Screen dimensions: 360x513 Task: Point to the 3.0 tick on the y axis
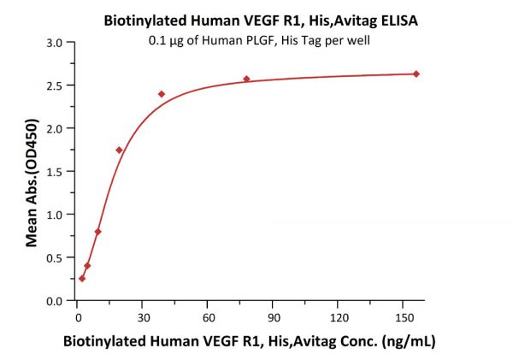[x=55, y=42]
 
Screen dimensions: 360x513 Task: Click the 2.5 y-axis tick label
[x=55, y=86]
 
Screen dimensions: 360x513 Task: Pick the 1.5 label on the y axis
[x=55, y=172]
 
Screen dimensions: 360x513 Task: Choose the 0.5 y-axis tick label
[x=55, y=258]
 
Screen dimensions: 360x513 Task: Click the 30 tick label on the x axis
[x=142, y=315]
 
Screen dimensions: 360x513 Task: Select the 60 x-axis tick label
[x=208, y=315]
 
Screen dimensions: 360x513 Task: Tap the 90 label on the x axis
[x=273, y=315]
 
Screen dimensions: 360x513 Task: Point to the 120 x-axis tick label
[x=338, y=315]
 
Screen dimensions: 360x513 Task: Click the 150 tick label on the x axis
[x=404, y=315]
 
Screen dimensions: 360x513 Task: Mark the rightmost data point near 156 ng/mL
[x=416, y=74]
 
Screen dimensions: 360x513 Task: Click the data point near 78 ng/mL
[x=246, y=79]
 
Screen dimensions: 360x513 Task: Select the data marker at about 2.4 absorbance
[x=162, y=94]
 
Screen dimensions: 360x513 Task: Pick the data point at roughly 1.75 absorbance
[x=119, y=150]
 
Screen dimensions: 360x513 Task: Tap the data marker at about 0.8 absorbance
[x=97, y=232]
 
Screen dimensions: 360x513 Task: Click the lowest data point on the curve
[x=82, y=278]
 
